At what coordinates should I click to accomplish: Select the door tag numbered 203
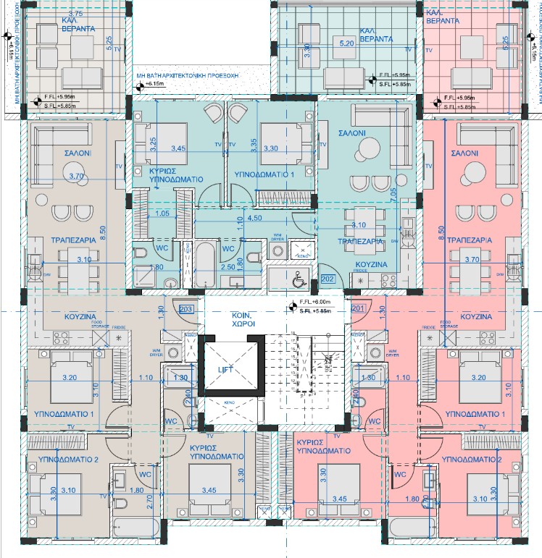[185, 309]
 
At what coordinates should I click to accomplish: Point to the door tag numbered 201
[357, 309]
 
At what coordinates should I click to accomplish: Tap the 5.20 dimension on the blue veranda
[347, 43]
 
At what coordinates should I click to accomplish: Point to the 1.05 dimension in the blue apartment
[162, 214]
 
